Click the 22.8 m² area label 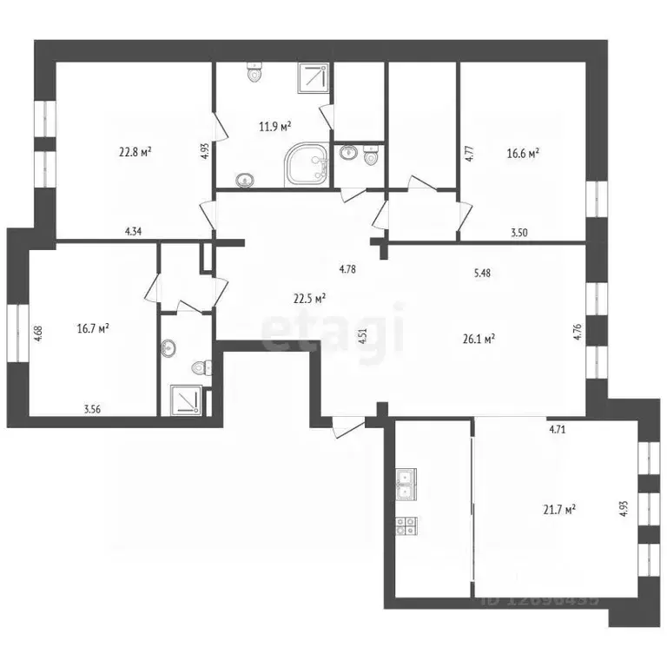point(135,151)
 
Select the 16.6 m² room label point(523,152)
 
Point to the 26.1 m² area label point(478,339)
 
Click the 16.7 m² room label point(93,328)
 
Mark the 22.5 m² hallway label point(308,298)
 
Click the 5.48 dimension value point(482,273)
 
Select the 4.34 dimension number point(134,231)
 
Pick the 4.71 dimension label point(557,428)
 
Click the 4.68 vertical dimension point(39,334)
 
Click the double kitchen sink point(406,482)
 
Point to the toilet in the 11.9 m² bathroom point(254,72)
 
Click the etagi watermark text point(333,328)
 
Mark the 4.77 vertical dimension point(469,154)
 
